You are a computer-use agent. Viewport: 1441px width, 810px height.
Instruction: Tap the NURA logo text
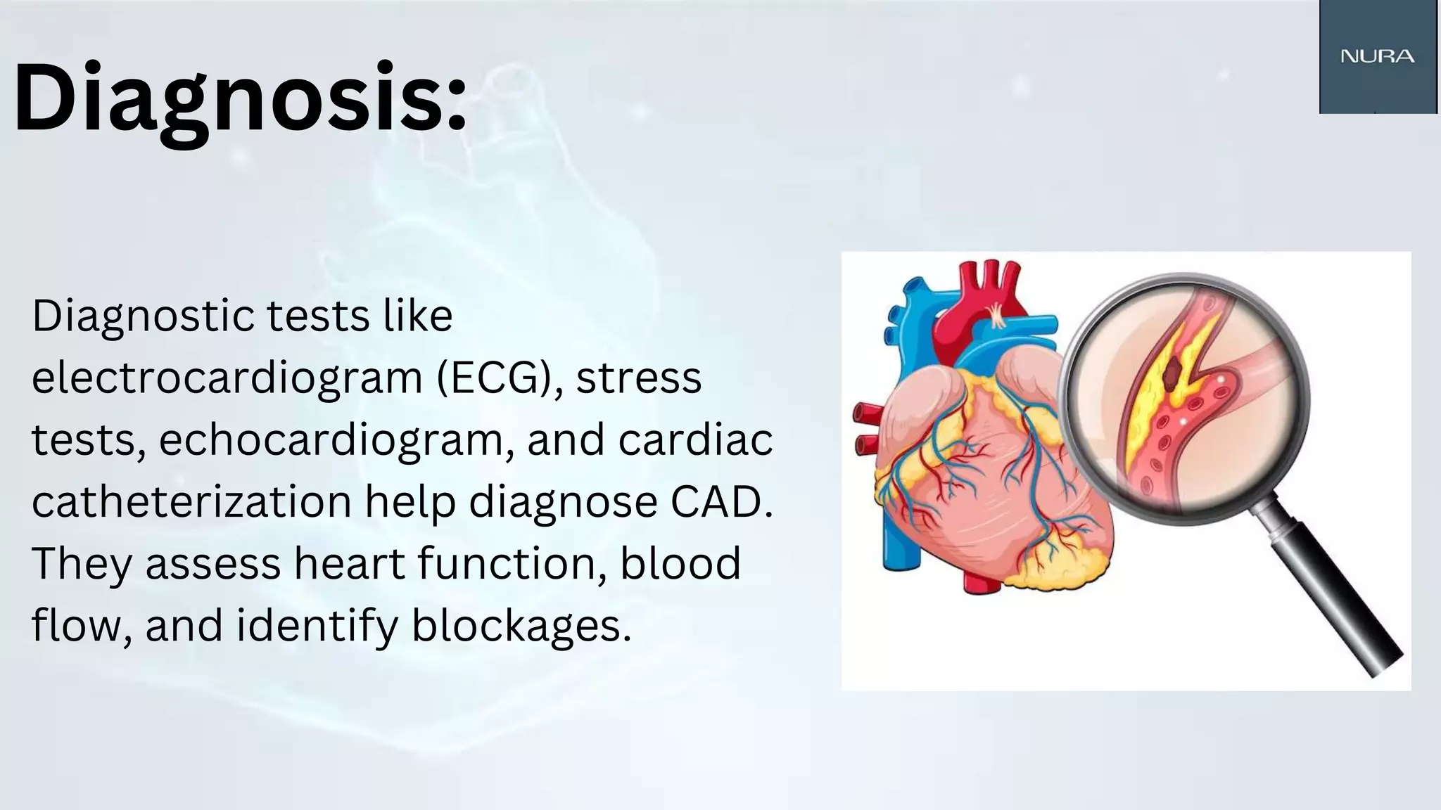point(1377,56)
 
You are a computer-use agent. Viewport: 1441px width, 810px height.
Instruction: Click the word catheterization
point(191,502)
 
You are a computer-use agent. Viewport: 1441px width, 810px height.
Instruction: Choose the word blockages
point(521,626)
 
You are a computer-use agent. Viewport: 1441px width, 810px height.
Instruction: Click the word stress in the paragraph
point(638,378)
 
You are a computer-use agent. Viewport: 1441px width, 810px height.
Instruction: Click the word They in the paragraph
point(82,564)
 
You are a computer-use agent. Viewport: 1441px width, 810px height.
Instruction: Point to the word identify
point(317,626)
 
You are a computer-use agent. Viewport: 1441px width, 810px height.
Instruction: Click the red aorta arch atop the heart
point(985,295)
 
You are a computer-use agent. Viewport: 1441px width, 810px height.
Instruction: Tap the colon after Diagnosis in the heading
point(456,105)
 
